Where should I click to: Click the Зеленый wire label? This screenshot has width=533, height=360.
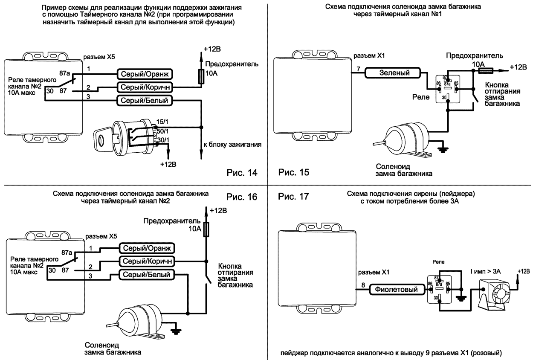[x=394, y=73]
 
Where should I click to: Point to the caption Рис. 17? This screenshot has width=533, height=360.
[x=294, y=197]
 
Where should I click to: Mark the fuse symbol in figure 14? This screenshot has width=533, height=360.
[x=200, y=77]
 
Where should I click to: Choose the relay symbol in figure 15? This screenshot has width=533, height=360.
[x=447, y=90]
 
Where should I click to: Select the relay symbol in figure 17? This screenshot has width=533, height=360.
[x=440, y=289]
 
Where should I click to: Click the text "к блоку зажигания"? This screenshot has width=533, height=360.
[x=232, y=145]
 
